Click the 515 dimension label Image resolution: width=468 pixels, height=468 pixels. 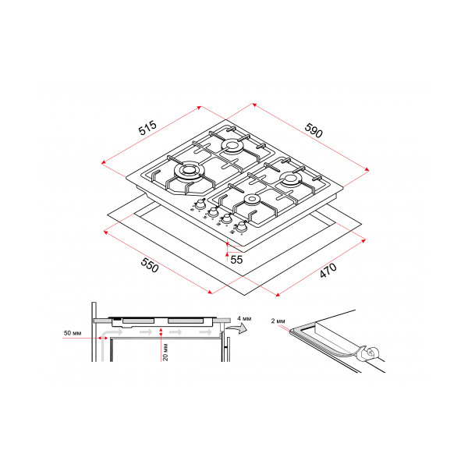tap(147, 128)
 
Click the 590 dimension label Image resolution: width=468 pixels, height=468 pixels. tap(314, 130)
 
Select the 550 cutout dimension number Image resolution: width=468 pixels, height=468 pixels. tap(150, 265)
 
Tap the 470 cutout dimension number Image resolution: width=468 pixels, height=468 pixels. tap(328, 271)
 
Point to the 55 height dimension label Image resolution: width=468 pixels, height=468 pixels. tap(236, 260)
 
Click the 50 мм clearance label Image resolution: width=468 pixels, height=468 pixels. tap(73, 333)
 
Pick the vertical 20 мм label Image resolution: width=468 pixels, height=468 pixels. tap(165, 353)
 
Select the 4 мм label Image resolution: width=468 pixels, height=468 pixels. tap(244, 318)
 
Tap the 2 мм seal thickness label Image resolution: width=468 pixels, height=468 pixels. tap(278, 321)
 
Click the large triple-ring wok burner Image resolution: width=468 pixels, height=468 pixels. tap(188, 172)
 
